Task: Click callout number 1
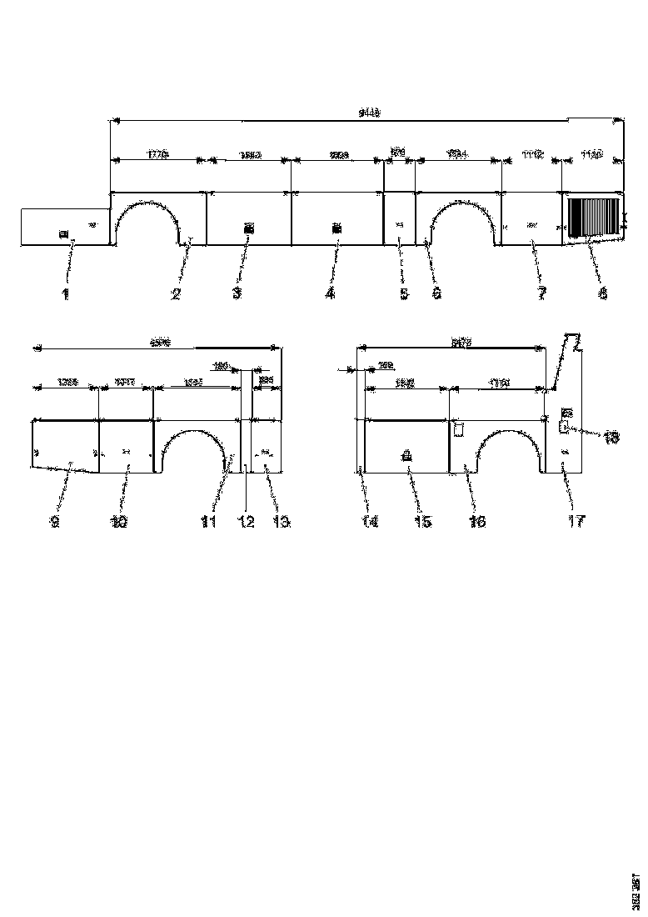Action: (66, 293)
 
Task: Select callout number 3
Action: (237, 293)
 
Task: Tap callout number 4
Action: (331, 293)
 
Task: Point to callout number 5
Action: (404, 293)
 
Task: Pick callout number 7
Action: (541, 293)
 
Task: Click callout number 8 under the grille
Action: (602, 293)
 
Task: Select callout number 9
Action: (54, 522)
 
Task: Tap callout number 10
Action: (119, 522)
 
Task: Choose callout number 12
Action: (245, 522)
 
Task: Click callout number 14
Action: (369, 522)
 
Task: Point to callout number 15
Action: (423, 522)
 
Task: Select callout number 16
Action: (477, 522)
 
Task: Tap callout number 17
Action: (576, 522)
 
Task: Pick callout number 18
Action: (611, 437)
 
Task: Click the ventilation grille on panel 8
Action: (594, 218)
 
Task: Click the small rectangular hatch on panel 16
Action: (457, 429)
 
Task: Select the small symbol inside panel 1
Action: (62, 234)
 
